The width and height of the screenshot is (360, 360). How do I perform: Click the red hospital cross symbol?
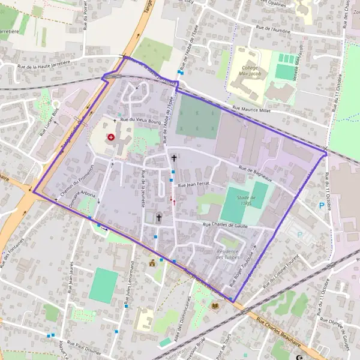coord(111,137)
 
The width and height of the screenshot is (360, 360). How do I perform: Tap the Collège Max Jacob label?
coord(245,71)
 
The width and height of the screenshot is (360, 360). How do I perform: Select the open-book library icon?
coord(215,305)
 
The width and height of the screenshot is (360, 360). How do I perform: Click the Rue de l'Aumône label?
coord(274,28)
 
